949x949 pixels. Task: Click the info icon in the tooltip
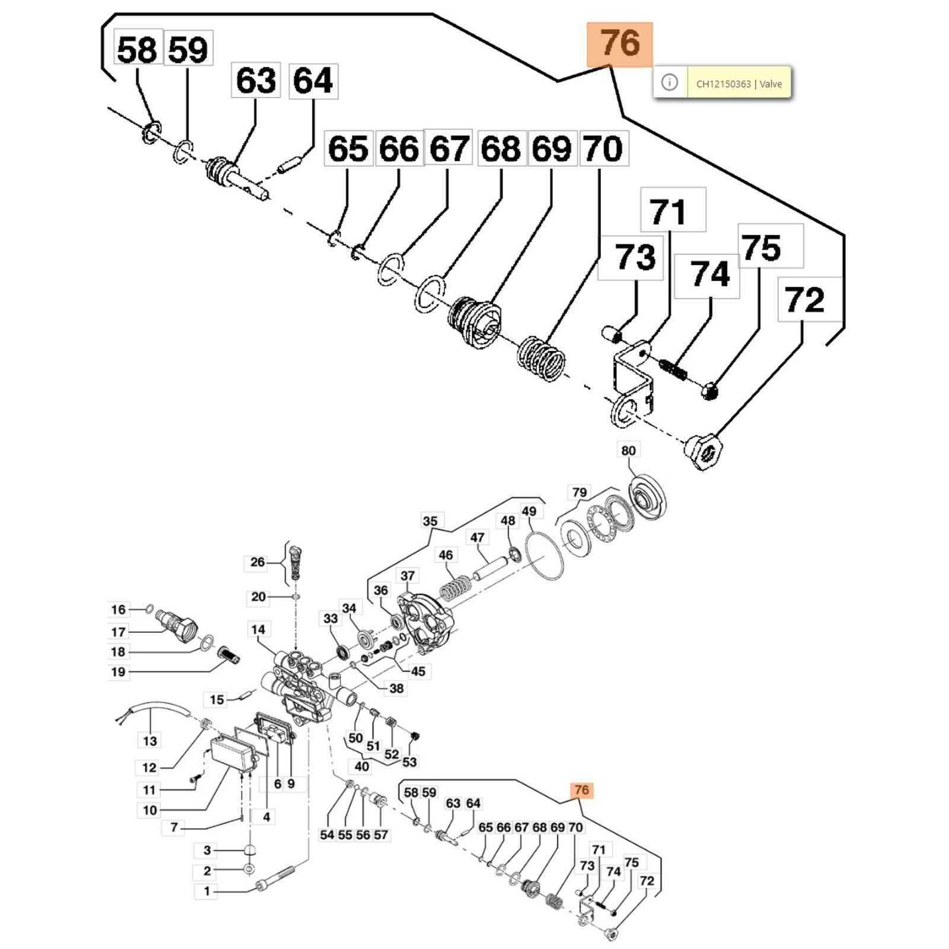tap(669, 82)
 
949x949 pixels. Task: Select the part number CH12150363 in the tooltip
tap(723, 84)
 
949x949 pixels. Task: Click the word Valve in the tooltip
tap(771, 84)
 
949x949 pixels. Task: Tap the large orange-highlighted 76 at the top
tap(620, 44)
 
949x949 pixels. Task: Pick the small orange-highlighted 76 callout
tap(581, 789)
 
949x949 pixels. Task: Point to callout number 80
tap(628, 450)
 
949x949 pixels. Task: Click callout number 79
tap(579, 492)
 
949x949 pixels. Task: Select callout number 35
tap(429, 521)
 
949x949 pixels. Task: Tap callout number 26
tap(257, 562)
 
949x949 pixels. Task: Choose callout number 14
tap(258, 629)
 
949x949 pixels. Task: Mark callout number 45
tap(418, 671)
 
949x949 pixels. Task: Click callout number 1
tap(206, 891)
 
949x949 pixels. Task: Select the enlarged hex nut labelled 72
tap(703, 452)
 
